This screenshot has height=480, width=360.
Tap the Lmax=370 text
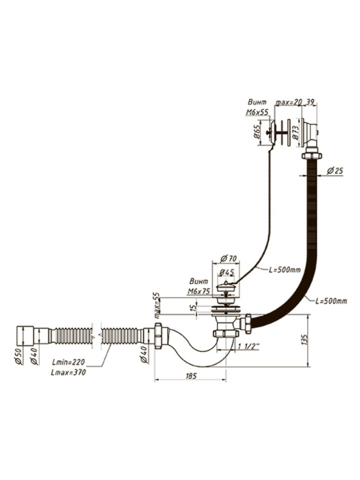pos(69,372)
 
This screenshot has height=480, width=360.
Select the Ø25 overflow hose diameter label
pos(334,171)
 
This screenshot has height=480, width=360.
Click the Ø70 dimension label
pos(228,258)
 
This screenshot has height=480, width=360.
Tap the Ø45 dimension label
pos(227,272)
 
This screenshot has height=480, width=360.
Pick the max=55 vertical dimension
pos(158,303)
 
